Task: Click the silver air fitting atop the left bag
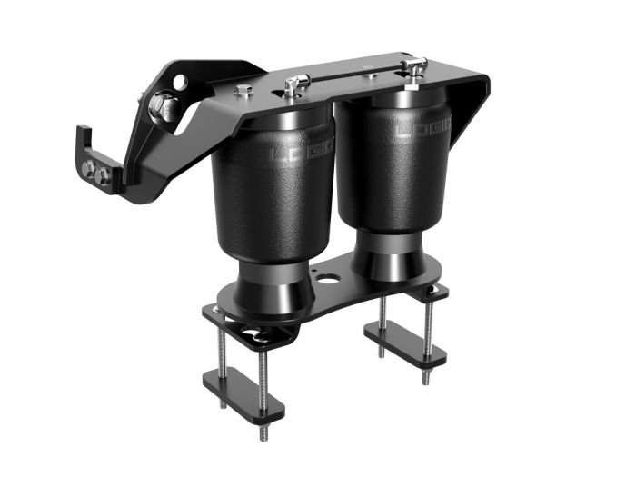click(293, 86)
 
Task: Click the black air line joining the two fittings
click(354, 79)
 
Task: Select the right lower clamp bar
click(405, 344)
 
